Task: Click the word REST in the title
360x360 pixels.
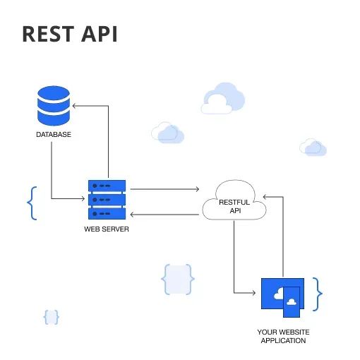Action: (49, 33)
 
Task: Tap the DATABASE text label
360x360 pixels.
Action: (54, 134)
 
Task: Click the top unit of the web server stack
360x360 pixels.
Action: (107, 186)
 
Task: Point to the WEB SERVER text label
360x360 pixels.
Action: (107, 229)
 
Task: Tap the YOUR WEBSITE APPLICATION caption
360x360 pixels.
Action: (283, 336)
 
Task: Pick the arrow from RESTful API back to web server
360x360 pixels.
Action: (166, 214)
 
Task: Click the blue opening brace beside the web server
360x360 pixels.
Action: (30, 203)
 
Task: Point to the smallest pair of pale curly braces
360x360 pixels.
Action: (51, 318)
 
